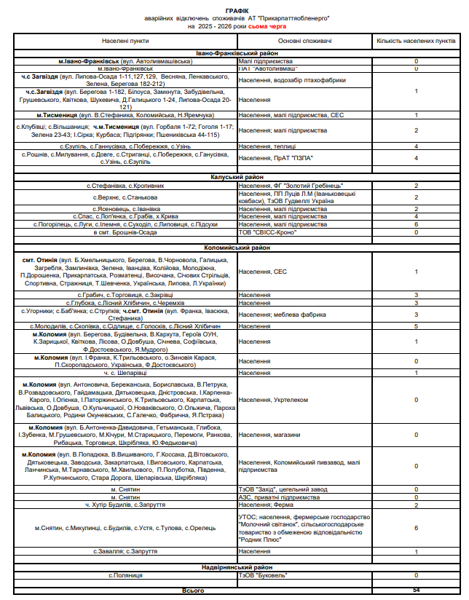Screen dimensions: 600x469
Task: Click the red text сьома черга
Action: point(267,25)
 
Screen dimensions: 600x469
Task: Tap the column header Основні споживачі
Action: point(304,42)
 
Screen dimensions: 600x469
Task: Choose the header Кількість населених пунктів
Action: point(416,42)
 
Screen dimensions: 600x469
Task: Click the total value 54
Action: point(416,590)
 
